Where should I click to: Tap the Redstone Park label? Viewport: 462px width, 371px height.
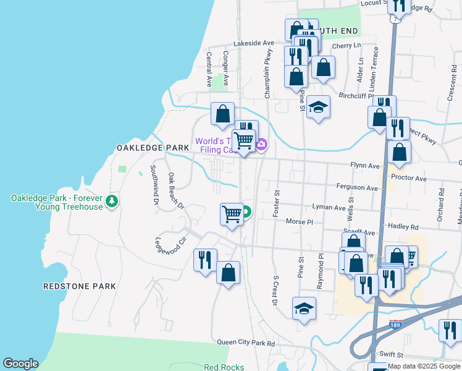pos(80,286)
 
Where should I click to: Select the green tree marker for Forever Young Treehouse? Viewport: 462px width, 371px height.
pos(112,201)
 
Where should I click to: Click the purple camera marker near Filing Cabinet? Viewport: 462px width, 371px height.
pos(262,145)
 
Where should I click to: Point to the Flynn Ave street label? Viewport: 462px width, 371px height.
pos(364,166)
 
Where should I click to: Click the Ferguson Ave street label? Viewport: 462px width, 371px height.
pos(356,187)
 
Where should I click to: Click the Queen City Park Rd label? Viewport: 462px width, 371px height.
pos(245,342)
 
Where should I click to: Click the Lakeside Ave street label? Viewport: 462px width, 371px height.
pos(253,43)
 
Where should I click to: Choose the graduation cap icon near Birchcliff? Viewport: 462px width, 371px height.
pos(319,108)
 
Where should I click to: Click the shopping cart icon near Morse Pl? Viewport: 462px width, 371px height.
pos(232,214)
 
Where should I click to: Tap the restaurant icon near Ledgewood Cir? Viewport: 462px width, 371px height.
pos(205,259)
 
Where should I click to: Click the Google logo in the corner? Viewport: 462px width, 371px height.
pos(20,364)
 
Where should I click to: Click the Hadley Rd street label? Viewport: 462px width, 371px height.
pos(404,227)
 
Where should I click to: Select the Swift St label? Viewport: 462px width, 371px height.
pos(391,355)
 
